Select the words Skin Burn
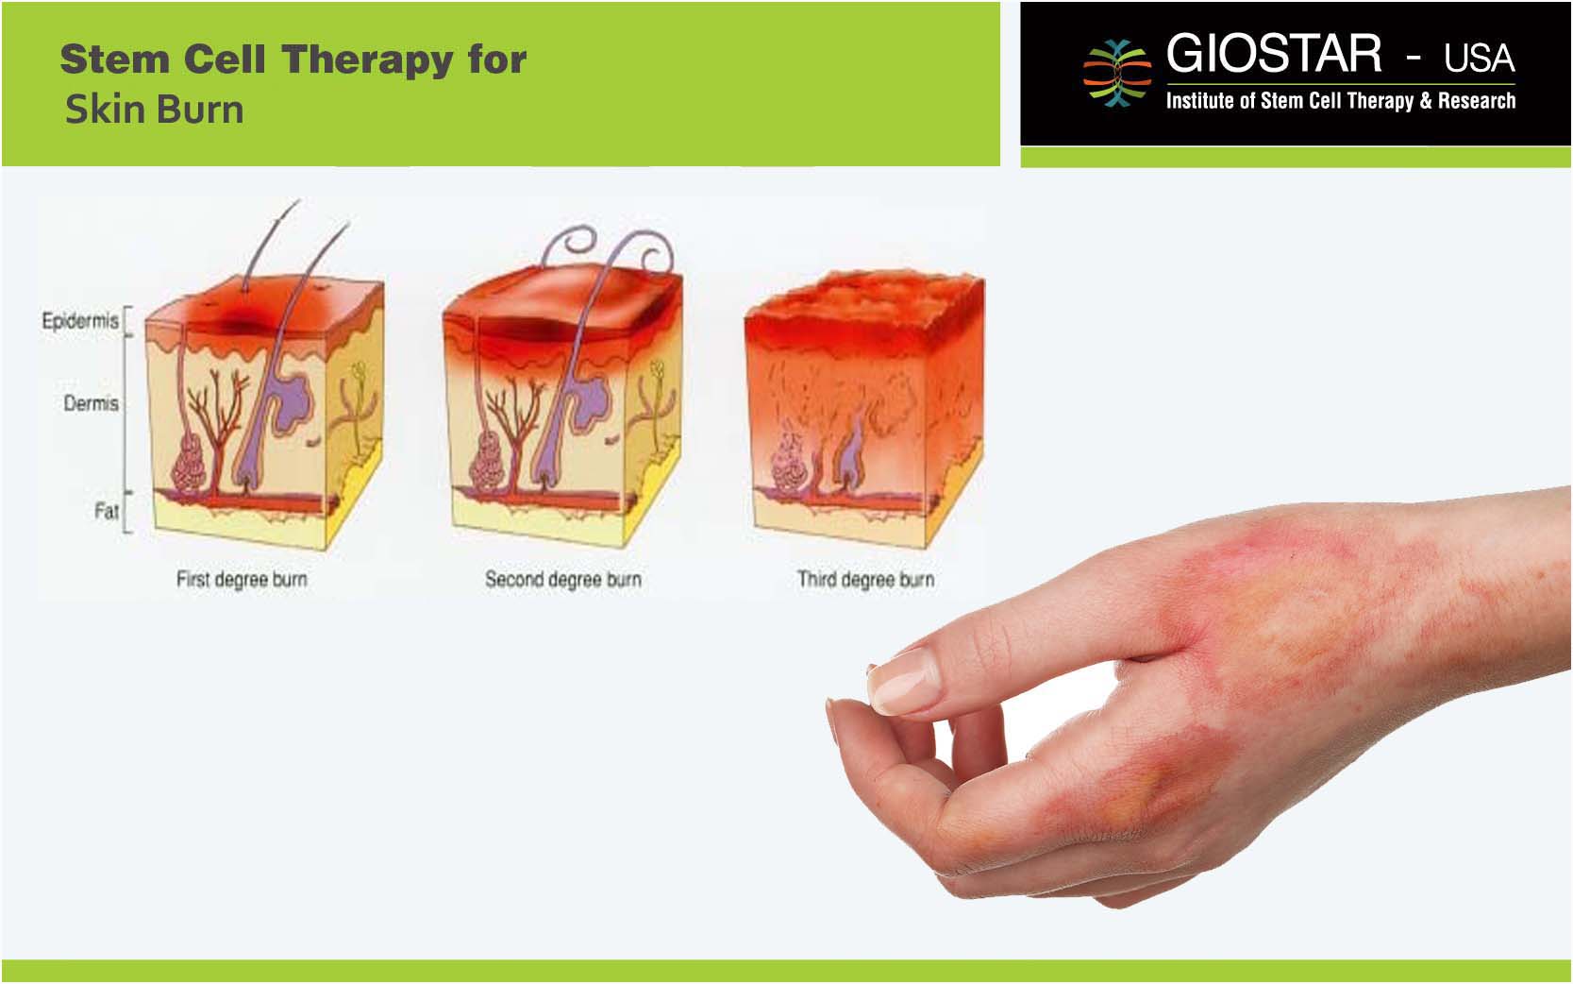[x=155, y=110]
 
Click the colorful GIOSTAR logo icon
[x=1116, y=73]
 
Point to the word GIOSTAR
[x=1274, y=54]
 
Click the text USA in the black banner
[x=1479, y=59]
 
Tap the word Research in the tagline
[x=1476, y=100]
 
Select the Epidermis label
[x=80, y=321]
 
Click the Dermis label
[x=91, y=403]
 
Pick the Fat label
[x=106, y=510]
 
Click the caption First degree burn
[x=242, y=579]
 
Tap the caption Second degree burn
[x=563, y=579]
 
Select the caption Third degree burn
[x=865, y=579]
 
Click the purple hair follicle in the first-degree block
[x=277, y=408]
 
